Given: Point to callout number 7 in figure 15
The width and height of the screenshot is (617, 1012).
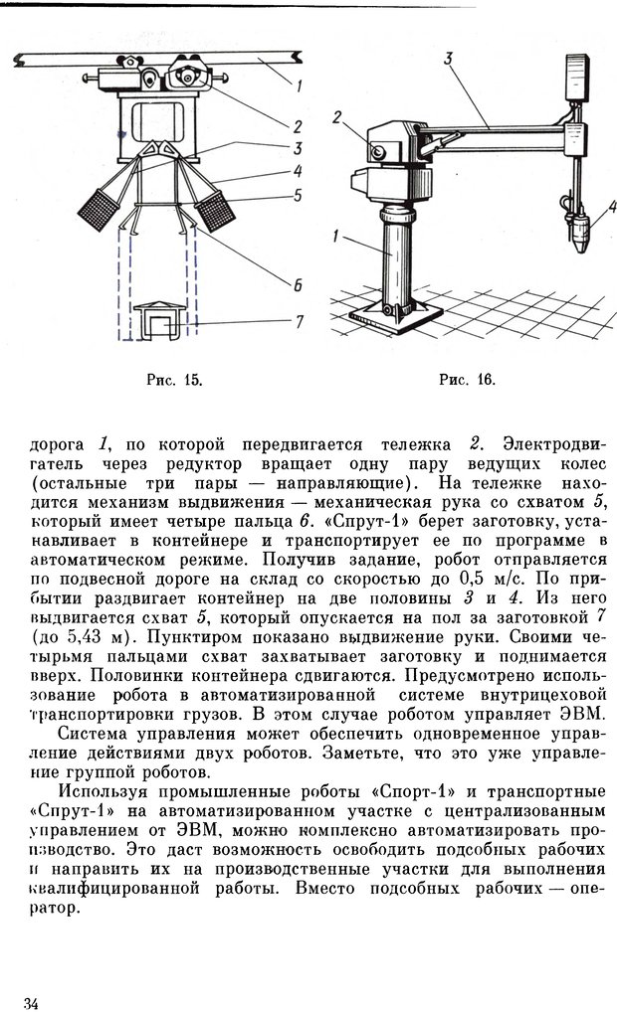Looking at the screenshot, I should pos(298,321).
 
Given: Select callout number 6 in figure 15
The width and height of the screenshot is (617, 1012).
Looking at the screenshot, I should pos(298,284).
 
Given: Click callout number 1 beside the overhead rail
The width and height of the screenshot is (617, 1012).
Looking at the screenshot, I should pos(299,85).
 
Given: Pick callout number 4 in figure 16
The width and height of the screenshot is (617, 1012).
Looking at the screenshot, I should pos(613,208).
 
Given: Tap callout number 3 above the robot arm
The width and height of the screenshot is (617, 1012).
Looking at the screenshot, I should pos(449,60).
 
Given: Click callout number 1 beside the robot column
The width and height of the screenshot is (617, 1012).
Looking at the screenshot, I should pos(336,238).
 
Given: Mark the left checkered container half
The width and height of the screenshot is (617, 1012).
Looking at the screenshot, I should pos(101,208).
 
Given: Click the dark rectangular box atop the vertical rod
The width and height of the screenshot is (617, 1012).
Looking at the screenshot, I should pos(575,76).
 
